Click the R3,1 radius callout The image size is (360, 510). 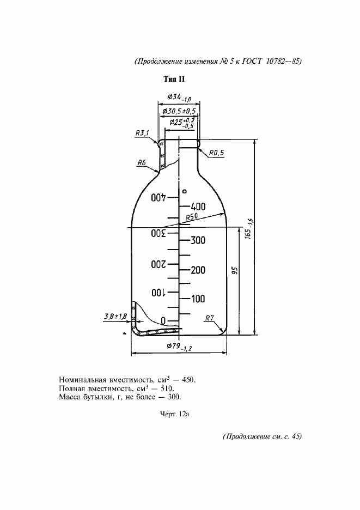pyautogui.click(x=143, y=133)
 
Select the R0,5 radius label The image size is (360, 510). pyautogui.click(x=217, y=153)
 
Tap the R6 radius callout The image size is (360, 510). pyautogui.click(x=141, y=162)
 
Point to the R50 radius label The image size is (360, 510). pyautogui.click(x=192, y=217)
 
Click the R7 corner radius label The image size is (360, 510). pyautogui.click(x=210, y=318)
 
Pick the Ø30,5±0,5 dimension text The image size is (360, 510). pyautogui.click(x=179, y=111)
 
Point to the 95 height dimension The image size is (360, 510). pyautogui.click(x=236, y=271)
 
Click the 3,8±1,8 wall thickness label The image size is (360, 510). pyautogui.click(x=115, y=315)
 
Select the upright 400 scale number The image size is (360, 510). pyautogui.click(x=198, y=206)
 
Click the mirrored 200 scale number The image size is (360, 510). pyautogui.click(x=158, y=264)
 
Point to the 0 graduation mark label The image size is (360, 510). pyautogui.click(x=163, y=321)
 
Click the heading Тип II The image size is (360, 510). pyautogui.click(x=174, y=79)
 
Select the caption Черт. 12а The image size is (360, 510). pyautogui.click(x=175, y=414)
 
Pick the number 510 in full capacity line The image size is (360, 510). pyautogui.click(x=168, y=388)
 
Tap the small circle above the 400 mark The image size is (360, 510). pyautogui.click(x=185, y=191)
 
